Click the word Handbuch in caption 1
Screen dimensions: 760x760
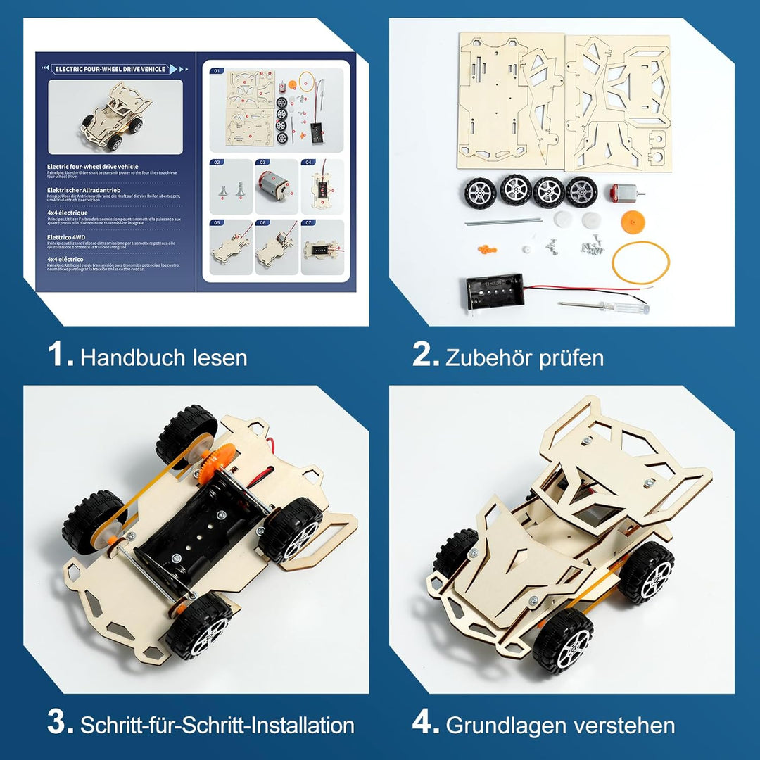coord(123,357)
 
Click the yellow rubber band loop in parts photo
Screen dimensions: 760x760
coord(640,262)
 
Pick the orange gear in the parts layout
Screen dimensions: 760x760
coord(633,222)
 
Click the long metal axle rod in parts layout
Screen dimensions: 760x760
coord(502,222)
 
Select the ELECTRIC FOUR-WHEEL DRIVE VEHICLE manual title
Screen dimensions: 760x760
coord(110,69)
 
